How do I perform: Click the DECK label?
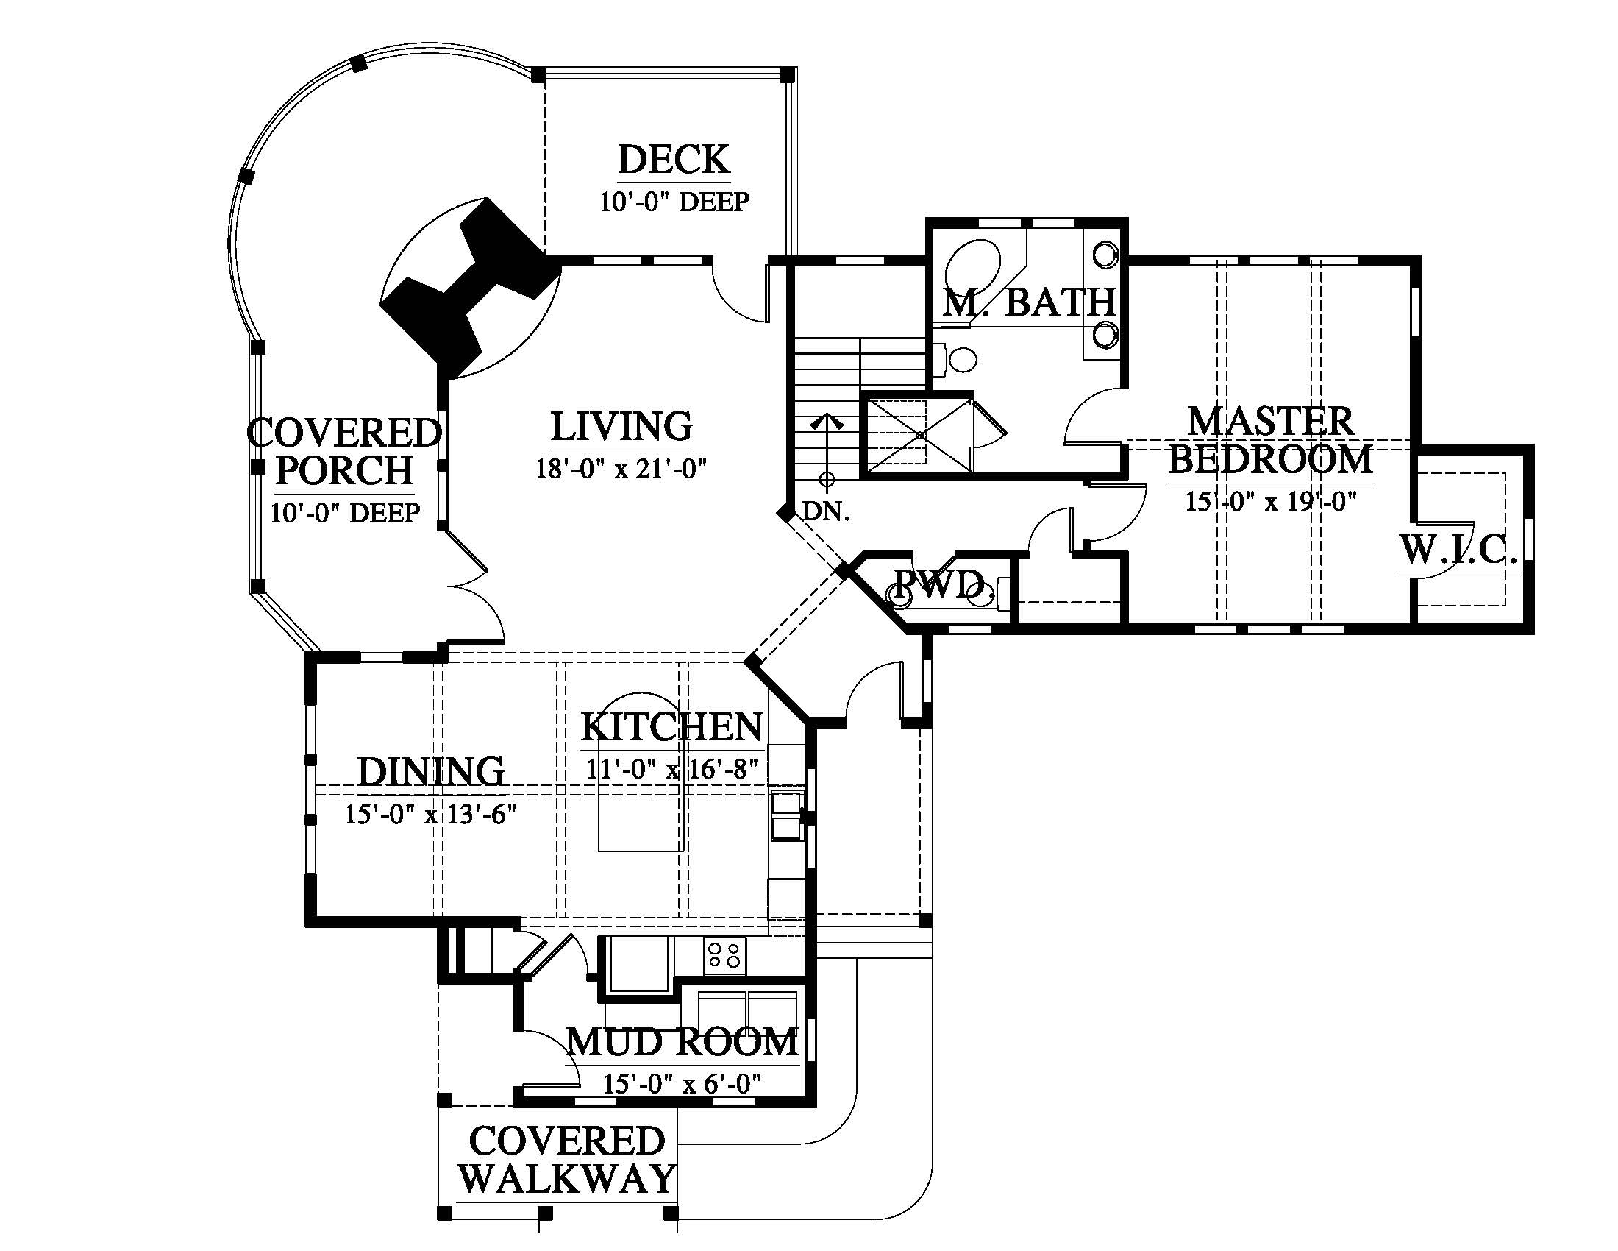click(674, 160)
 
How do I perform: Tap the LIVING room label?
click(621, 426)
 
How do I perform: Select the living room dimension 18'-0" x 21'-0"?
click(621, 469)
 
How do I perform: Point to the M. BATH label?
click(1029, 302)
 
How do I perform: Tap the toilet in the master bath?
click(958, 361)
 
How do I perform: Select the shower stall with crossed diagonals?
click(919, 434)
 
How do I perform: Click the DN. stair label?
click(827, 511)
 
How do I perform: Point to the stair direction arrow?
click(827, 448)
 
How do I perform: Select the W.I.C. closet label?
click(1458, 550)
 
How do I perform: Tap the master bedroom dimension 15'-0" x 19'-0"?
click(1271, 502)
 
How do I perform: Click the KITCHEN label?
click(671, 727)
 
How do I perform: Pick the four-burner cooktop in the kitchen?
click(724, 954)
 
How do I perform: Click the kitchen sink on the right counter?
click(787, 816)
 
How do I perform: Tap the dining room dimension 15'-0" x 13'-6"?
click(430, 815)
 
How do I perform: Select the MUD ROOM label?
click(683, 1042)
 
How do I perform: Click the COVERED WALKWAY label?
click(567, 1160)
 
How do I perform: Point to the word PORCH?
click(344, 470)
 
